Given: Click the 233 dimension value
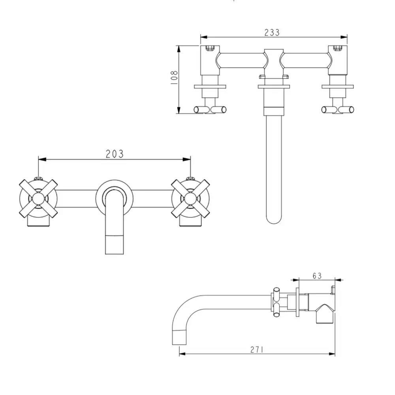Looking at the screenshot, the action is click(272, 32).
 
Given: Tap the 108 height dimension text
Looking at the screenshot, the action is click(174, 77).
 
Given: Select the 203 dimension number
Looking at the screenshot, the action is click(115, 154).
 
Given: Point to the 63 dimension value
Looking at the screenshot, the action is click(317, 276).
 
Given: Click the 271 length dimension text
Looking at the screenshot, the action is click(257, 350).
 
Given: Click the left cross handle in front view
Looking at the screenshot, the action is click(38, 199).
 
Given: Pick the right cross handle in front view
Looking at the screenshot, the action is click(190, 199).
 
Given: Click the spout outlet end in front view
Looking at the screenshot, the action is click(115, 245).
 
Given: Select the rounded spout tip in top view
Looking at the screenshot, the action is click(274, 220).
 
